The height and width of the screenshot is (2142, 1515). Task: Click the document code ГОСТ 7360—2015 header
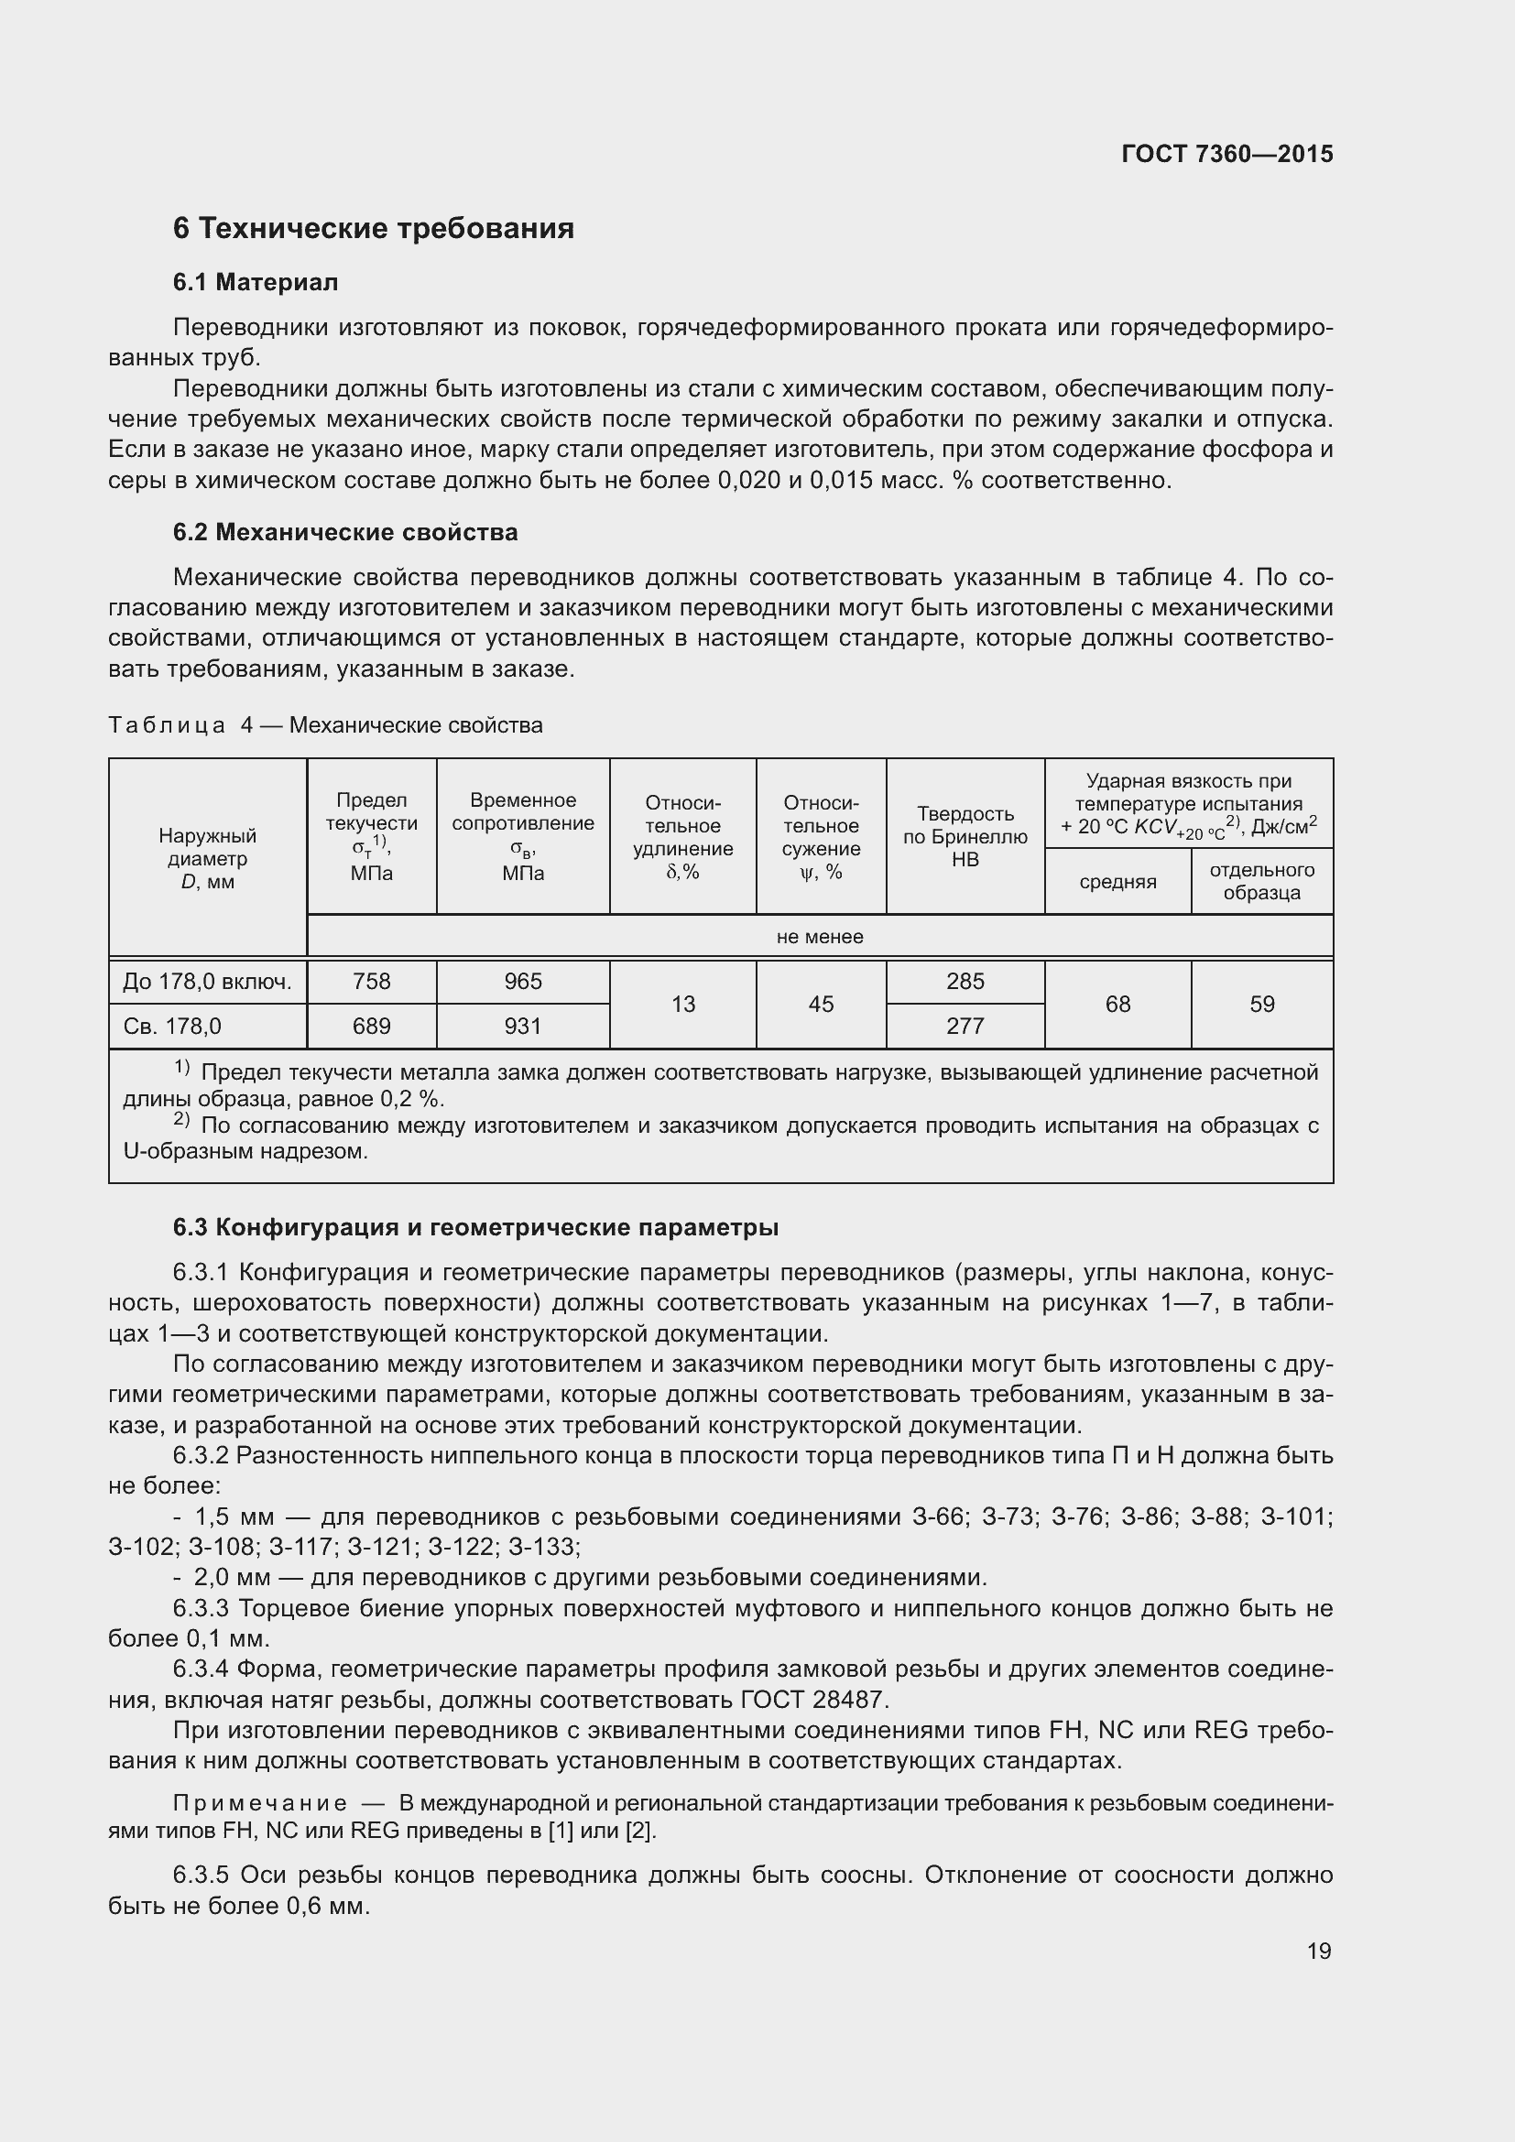coord(1226,154)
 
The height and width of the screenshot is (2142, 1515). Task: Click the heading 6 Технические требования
coord(373,229)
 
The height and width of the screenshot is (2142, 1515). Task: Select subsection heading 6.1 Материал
coord(255,283)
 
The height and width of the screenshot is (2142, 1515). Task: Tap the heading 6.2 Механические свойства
coord(345,533)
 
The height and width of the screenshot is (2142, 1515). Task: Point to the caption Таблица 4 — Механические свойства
coord(325,725)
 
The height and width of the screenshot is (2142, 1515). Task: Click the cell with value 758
coord(371,982)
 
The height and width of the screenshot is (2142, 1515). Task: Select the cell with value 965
coord(522,982)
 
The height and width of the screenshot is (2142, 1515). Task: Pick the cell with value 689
coord(371,1027)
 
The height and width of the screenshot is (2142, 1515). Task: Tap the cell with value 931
coord(522,1027)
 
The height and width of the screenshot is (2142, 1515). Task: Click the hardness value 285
coord(965,982)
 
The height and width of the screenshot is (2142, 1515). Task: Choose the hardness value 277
coord(965,1027)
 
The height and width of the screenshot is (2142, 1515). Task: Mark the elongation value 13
coord(683,1004)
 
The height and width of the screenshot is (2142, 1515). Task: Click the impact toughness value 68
coord(1117,1004)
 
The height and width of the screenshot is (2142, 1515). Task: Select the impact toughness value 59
coord(1261,1004)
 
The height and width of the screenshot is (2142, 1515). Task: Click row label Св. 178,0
coord(172,1027)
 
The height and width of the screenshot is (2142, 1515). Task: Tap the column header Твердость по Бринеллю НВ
coord(965,836)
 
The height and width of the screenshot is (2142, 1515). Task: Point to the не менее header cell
coord(819,937)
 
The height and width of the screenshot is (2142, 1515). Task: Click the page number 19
coord(1318,1951)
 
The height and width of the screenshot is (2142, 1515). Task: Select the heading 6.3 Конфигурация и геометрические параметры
coord(475,1228)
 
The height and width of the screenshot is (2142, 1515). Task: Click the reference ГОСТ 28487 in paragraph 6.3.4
coord(812,1699)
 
